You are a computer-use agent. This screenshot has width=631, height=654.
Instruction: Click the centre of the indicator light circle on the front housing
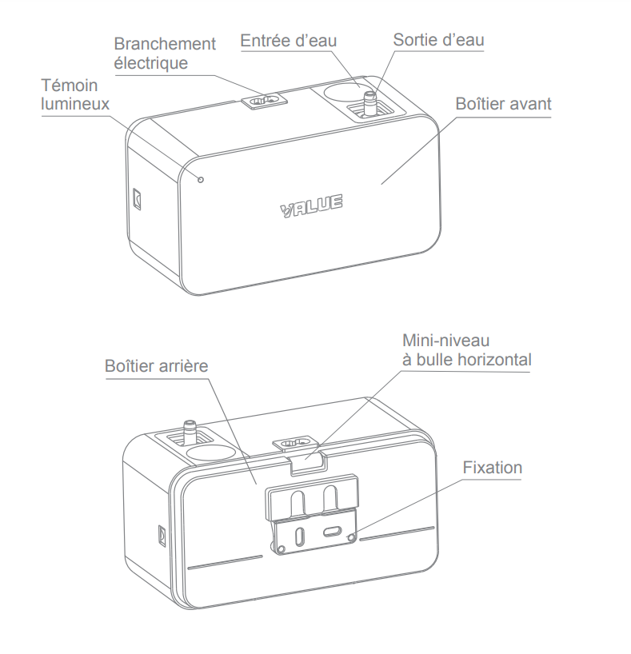[201, 180]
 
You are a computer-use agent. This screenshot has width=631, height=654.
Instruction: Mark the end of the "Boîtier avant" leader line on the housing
[381, 184]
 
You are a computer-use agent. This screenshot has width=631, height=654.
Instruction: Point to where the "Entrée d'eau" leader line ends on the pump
[359, 87]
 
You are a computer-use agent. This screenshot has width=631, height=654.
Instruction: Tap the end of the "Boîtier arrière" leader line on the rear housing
[256, 484]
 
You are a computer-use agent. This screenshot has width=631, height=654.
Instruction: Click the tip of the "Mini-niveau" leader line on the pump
[306, 459]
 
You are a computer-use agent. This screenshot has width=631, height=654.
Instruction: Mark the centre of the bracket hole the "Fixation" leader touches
[351, 536]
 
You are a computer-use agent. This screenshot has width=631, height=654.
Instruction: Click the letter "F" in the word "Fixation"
[467, 468]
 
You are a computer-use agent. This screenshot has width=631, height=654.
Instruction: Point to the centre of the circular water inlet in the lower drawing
[210, 453]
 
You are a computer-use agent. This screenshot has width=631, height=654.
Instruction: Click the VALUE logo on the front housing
[311, 205]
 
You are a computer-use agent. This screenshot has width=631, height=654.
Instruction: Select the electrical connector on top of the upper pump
[264, 101]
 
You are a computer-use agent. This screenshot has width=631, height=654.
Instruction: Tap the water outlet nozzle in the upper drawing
[369, 103]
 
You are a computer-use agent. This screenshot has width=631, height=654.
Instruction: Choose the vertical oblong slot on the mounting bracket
[299, 536]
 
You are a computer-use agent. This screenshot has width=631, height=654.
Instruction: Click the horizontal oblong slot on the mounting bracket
[332, 532]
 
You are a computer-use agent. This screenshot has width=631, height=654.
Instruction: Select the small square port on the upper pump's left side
[137, 198]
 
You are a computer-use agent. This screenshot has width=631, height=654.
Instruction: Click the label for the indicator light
[75, 94]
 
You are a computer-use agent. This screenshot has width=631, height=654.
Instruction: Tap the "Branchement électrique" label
[165, 54]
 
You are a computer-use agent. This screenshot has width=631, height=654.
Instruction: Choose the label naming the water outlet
[438, 40]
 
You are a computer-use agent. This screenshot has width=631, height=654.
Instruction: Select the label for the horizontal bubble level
[466, 350]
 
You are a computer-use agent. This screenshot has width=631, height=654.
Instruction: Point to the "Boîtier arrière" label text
[156, 366]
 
